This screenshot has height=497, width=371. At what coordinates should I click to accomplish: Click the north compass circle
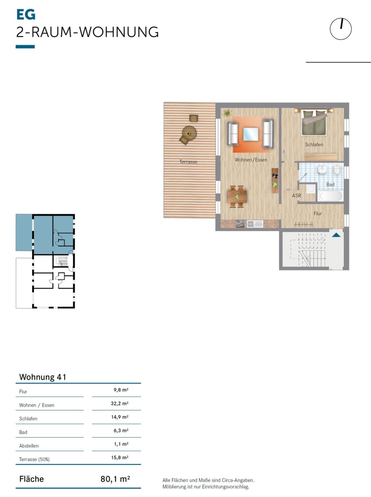pos(330,29)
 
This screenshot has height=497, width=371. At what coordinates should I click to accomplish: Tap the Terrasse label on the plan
pos(188,162)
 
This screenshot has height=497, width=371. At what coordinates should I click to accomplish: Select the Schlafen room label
pos(314,144)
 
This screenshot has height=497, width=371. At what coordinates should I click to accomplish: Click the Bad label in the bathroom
pos(330,184)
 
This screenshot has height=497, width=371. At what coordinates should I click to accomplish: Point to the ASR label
pos(296,195)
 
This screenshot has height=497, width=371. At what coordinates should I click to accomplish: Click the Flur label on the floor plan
pos(317,213)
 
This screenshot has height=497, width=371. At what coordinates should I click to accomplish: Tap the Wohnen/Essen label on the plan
pos(251,160)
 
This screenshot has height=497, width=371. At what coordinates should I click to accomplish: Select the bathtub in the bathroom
pos(330,196)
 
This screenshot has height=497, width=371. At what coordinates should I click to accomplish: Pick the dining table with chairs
pos(237,196)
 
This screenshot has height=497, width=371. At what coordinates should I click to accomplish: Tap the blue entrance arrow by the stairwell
pos(336,235)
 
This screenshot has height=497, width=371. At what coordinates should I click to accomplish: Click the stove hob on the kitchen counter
pos(240,224)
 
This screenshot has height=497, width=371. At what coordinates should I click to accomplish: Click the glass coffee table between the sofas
pos(251,134)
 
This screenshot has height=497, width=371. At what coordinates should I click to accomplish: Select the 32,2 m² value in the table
pos(120,403)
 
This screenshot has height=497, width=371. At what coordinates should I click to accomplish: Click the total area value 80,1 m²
pos(115,479)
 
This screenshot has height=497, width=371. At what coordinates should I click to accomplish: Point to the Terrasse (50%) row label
pos(34,459)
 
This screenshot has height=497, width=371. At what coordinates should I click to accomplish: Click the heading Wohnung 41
pos(43,377)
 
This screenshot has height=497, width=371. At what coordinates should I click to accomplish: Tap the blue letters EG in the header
pos(26,14)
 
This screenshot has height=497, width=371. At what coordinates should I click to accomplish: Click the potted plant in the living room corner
pos(227,113)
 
